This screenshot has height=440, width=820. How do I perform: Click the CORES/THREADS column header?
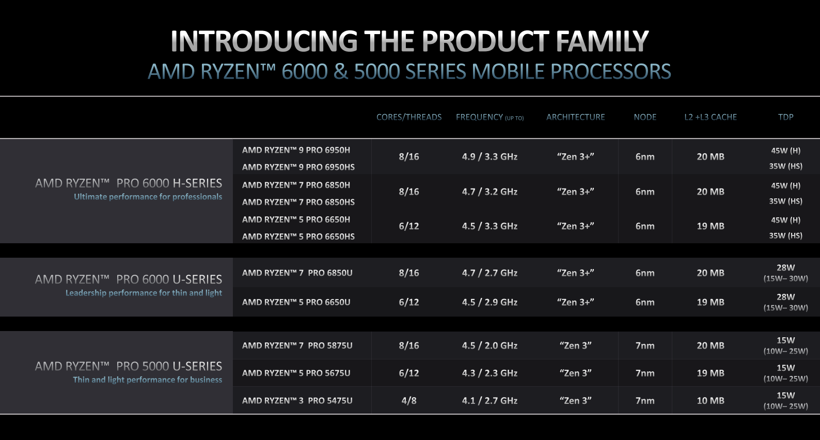coord(409,117)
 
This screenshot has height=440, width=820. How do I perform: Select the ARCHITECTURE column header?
coord(575,117)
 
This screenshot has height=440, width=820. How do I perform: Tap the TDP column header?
coord(785,117)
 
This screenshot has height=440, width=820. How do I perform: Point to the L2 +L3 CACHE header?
coord(711,117)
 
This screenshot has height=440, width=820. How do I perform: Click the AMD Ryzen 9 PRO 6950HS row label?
coord(298,167)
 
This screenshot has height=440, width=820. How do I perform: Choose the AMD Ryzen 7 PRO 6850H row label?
coord(296,185)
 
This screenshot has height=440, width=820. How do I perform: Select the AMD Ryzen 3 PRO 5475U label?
coord(297,401)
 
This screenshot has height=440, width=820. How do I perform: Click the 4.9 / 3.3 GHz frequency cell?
coord(490,156)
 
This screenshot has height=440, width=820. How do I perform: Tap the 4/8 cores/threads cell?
coord(409,401)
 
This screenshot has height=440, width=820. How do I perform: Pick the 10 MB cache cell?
coord(711,401)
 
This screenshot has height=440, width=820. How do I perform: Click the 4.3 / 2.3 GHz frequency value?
coord(490,373)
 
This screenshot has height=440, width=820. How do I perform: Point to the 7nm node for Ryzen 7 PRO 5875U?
coord(645,345)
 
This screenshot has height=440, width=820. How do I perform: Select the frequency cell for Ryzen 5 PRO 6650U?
coord(490,302)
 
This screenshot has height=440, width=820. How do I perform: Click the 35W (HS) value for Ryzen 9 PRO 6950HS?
coord(785,166)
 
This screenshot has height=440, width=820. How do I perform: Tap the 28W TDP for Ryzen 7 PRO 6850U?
coord(785,268)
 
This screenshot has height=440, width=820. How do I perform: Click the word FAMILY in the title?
coord(602,41)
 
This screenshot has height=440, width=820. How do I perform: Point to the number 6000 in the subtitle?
coord(305,71)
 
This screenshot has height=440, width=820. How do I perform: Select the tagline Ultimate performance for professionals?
coord(148,197)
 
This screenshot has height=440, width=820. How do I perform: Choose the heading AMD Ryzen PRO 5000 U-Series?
coord(129,367)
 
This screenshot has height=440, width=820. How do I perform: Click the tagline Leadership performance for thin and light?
coord(144,293)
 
